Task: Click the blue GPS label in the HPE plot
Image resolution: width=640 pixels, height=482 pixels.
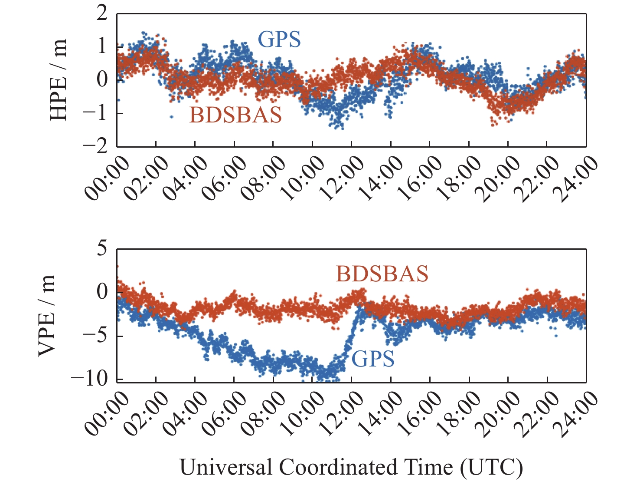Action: (x=279, y=40)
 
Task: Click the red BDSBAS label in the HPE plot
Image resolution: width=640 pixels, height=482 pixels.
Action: (x=236, y=115)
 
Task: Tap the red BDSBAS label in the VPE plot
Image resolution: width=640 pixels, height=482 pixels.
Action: (x=382, y=274)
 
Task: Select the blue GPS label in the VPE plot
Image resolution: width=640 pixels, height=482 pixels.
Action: (x=373, y=359)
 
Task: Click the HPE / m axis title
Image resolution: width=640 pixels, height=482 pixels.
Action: (x=59, y=80)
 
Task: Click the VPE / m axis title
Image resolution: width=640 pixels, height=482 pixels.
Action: (x=47, y=315)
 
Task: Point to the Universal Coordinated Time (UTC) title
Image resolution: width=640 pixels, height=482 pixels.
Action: (x=351, y=468)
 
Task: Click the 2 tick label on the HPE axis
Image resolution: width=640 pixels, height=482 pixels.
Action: (x=102, y=13)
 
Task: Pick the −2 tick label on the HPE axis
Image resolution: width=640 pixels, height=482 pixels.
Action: (x=95, y=146)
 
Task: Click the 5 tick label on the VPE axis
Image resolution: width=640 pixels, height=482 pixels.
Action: (x=102, y=249)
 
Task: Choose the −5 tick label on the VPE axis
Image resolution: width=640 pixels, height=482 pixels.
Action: (x=95, y=336)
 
